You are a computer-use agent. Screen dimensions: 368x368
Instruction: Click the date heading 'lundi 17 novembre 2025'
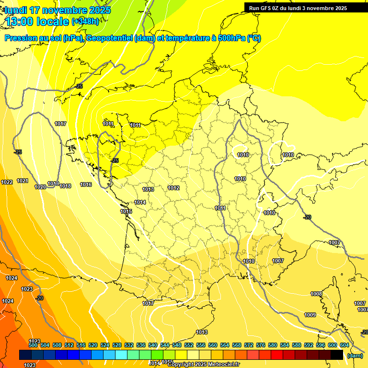point(57,10)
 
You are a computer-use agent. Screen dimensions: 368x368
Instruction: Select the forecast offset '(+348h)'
point(85,22)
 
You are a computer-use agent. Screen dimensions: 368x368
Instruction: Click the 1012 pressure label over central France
point(173,188)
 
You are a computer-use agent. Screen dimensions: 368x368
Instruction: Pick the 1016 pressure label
point(86,184)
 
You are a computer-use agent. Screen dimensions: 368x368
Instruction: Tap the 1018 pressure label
point(65,186)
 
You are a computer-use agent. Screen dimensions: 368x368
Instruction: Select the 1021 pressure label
point(23,181)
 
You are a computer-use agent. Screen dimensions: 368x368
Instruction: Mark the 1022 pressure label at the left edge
point(7,182)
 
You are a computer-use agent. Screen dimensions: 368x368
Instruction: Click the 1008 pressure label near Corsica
point(316,294)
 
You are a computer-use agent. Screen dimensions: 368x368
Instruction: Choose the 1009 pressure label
point(310,315)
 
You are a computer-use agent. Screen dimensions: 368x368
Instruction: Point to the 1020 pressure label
point(40,187)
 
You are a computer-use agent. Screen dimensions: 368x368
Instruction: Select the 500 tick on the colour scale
point(33,345)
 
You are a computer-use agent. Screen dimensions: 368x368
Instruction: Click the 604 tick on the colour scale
point(345,345)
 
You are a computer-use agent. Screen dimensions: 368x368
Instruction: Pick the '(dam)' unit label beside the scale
point(355,355)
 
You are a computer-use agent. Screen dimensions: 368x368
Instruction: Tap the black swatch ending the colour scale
point(337,355)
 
